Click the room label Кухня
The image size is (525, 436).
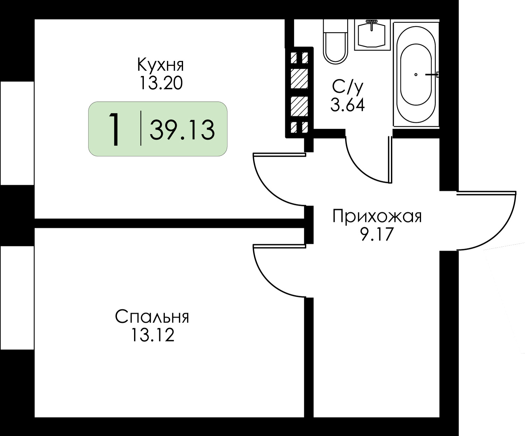pyautogui.click(x=160, y=65)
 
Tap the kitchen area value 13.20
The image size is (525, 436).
pyautogui.click(x=161, y=83)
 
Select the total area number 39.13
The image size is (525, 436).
pyautogui.click(x=182, y=129)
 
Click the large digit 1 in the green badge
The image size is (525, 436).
pyautogui.click(x=114, y=129)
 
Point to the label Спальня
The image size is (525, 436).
pyautogui.click(x=152, y=317)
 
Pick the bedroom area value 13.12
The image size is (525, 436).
pyautogui.click(x=152, y=335)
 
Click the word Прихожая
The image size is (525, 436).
pyautogui.click(x=377, y=216)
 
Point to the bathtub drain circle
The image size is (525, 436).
pyautogui.click(x=416, y=75)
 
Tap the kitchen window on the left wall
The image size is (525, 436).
pyautogui.click(x=17, y=133)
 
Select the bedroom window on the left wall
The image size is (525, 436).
pyautogui.click(x=17, y=297)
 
